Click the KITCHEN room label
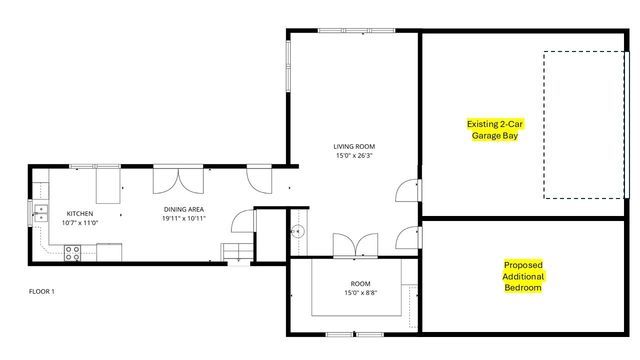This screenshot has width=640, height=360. click(x=79, y=213)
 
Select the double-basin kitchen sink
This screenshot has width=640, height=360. click(x=42, y=212)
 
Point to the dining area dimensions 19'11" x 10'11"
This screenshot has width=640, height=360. click(x=184, y=219)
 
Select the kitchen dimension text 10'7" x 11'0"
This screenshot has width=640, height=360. click(x=79, y=222)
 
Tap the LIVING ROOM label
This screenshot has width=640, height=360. click(x=354, y=147)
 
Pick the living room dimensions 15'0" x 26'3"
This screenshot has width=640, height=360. click(x=354, y=155)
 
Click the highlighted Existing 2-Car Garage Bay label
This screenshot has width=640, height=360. click(x=495, y=129)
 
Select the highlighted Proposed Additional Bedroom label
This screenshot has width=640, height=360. click(x=522, y=276)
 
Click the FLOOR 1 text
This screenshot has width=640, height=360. click(x=41, y=292)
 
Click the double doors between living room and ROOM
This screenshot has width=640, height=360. click(x=354, y=244)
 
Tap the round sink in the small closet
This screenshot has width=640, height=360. click(x=297, y=232)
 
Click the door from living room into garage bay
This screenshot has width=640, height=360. click(x=409, y=191)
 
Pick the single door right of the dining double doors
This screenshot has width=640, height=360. click(x=257, y=179)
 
